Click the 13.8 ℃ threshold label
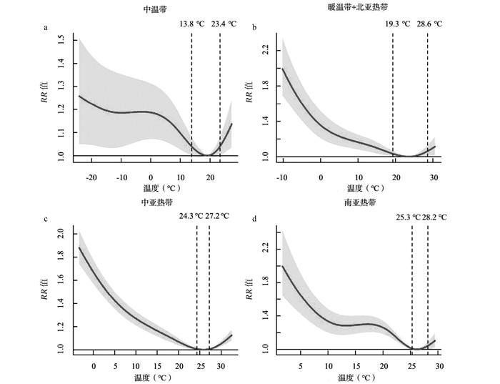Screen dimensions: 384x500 (193, 24)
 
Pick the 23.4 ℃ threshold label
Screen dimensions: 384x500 (226, 24)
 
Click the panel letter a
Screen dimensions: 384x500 (46, 28)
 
